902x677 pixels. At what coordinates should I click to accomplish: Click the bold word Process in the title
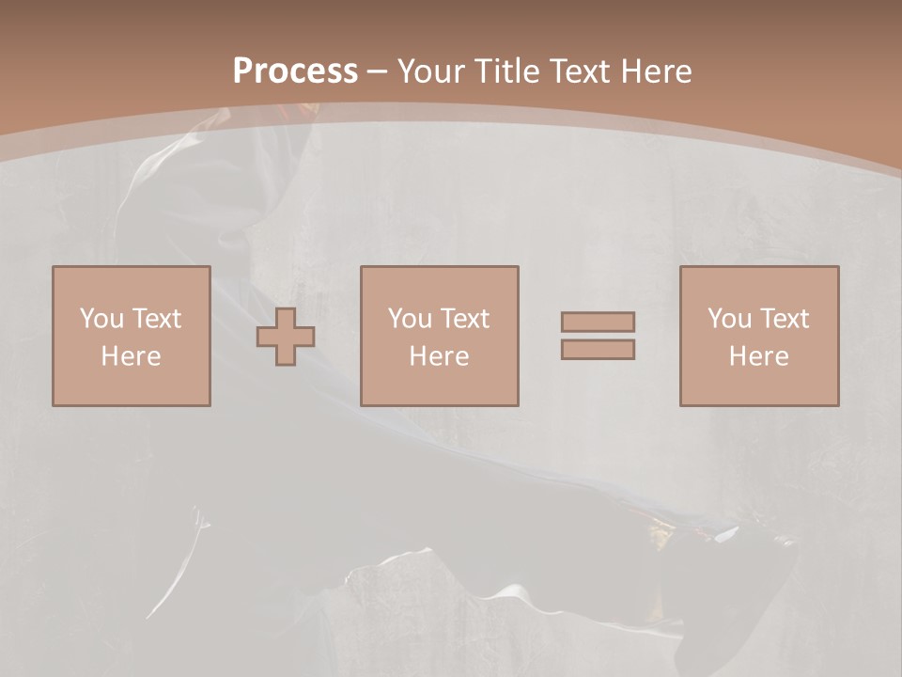(295, 71)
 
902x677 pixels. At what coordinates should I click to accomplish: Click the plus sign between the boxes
(286, 337)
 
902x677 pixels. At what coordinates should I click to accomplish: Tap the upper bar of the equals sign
(598, 322)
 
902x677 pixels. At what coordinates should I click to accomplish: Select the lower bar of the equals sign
(598, 350)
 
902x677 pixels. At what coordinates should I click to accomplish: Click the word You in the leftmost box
(101, 319)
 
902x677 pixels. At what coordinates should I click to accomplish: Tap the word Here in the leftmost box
(131, 356)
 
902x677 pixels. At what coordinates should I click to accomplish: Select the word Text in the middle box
(463, 319)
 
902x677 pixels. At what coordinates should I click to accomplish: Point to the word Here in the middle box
(439, 356)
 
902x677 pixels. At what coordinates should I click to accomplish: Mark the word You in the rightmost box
(729, 319)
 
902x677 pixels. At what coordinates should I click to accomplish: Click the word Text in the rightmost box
(783, 319)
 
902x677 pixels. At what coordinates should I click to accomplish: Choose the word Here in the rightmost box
(758, 356)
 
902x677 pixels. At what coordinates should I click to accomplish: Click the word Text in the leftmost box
(155, 319)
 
